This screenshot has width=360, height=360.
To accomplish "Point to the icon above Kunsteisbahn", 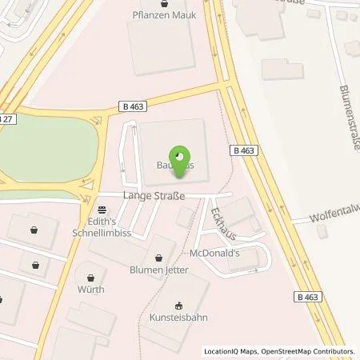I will click(178, 305).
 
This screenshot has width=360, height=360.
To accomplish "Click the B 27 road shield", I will click(6, 118).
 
